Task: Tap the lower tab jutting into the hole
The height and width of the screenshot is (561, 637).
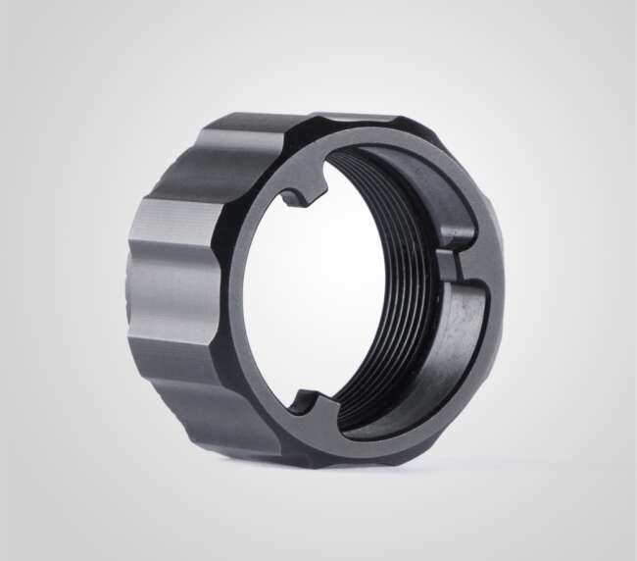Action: pos(306,402)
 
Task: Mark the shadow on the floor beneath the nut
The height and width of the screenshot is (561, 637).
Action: pos(392,469)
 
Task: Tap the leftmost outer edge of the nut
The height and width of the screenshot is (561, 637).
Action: pos(128,294)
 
